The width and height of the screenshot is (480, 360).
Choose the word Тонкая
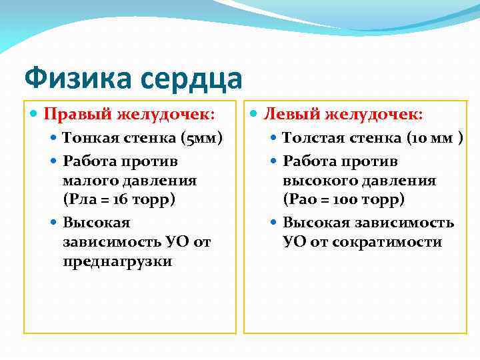click(x=90, y=138)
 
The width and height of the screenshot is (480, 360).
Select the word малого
click(x=85, y=181)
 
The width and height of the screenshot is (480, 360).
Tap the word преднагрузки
click(x=117, y=261)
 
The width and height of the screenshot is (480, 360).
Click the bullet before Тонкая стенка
click(x=55, y=138)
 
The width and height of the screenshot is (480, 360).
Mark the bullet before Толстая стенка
click(x=275, y=138)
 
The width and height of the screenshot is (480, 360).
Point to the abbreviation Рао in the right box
click(x=304, y=200)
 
